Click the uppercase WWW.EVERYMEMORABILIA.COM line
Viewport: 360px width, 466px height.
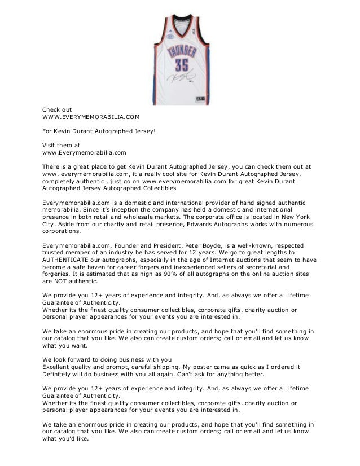click(x=84, y=117)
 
